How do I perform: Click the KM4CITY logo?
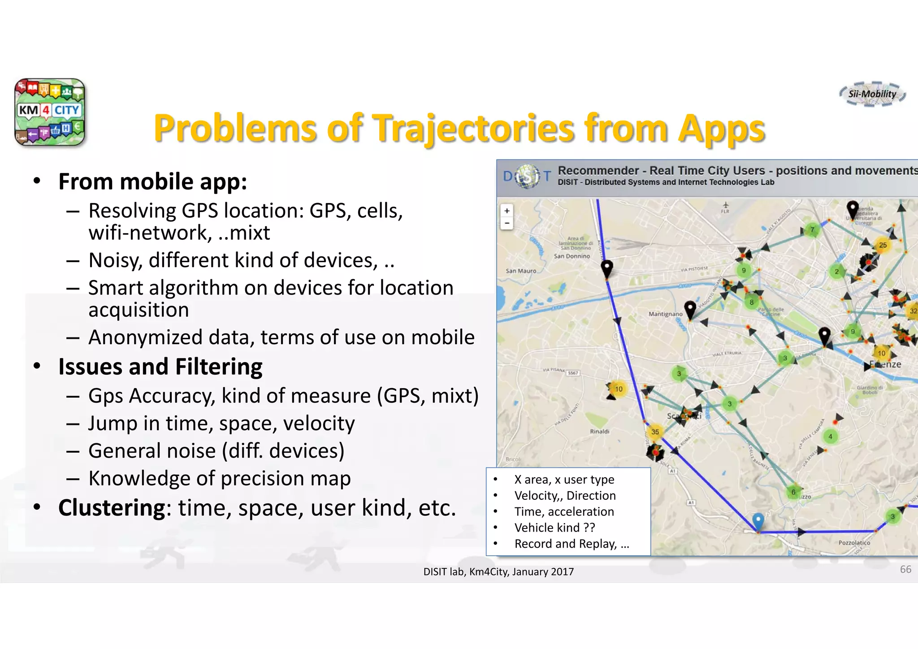click(49, 112)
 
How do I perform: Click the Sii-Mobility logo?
click(872, 94)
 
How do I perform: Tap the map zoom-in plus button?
click(507, 211)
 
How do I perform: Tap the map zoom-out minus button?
click(507, 223)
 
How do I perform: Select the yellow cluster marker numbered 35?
click(655, 432)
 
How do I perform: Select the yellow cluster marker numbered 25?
click(883, 245)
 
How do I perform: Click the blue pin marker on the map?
click(758, 521)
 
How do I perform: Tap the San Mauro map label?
click(521, 271)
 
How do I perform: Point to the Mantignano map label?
click(665, 314)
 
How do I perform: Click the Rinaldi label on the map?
click(599, 431)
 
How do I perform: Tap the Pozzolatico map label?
click(854, 542)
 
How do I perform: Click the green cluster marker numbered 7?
click(812, 230)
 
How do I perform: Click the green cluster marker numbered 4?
click(830, 436)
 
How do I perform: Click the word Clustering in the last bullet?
click(112, 508)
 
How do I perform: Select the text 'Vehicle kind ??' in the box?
click(554, 528)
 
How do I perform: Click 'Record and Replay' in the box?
click(565, 544)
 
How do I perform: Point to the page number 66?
click(905, 569)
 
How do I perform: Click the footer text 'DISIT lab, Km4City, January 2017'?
click(498, 571)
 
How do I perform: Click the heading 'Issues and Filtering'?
click(160, 367)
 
